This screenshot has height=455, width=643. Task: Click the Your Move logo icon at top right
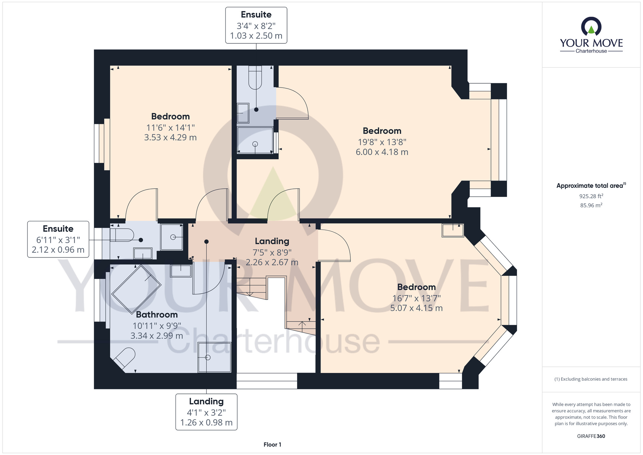(591, 26)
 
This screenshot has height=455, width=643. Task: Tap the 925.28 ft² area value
(591, 196)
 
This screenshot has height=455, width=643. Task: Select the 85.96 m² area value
(591, 205)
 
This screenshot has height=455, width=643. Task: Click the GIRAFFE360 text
(591, 436)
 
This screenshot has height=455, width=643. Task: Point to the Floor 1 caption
(272, 445)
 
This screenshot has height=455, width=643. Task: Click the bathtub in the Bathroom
(136, 289)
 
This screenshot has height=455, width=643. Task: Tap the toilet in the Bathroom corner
(124, 358)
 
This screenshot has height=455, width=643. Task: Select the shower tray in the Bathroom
(214, 357)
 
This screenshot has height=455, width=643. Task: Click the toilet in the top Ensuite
(255, 78)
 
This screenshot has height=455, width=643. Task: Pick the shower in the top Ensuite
(255, 140)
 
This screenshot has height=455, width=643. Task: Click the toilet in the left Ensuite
(122, 235)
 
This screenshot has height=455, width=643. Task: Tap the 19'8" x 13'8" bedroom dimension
(382, 142)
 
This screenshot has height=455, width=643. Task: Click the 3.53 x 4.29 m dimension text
(170, 137)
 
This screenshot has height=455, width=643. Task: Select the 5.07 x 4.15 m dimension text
(416, 308)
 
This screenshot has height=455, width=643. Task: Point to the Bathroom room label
(157, 314)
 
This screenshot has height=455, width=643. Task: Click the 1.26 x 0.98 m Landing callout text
(206, 422)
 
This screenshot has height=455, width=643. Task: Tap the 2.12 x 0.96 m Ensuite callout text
(58, 250)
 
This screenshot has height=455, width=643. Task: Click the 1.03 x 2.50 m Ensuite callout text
(256, 36)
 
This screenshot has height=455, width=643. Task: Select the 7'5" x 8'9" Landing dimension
(272, 252)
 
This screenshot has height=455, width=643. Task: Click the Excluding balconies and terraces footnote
(591, 379)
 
